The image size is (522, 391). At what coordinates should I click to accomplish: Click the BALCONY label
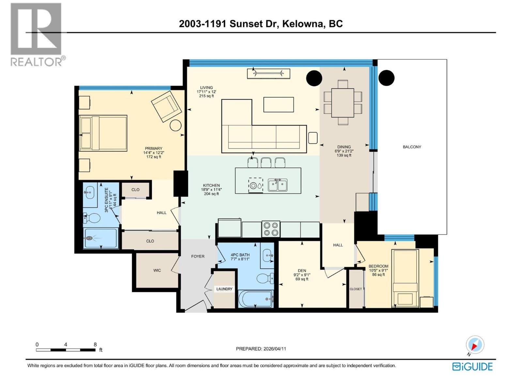(x=412, y=147)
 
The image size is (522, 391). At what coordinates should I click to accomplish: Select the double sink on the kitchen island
(x=278, y=185)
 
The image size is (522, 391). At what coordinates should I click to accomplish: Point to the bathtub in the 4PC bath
(x=256, y=299)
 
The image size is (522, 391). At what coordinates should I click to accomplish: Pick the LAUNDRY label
(x=224, y=289)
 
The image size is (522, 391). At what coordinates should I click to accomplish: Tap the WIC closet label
(x=157, y=270)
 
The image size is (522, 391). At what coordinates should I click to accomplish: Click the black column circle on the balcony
(x=386, y=78)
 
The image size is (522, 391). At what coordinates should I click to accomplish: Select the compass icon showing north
(x=475, y=345)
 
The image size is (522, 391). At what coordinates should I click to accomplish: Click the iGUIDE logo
(x=472, y=367)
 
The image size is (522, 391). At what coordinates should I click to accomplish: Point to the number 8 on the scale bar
(x=95, y=344)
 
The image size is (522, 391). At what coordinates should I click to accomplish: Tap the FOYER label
(x=198, y=256)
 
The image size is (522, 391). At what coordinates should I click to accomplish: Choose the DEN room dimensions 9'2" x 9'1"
(x=302, y=275)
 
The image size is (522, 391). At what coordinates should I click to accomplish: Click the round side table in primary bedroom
(x=176, y=125)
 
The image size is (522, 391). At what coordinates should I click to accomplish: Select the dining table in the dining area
(x=343, y=103)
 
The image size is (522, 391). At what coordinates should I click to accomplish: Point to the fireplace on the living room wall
(x=269, y=74)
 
